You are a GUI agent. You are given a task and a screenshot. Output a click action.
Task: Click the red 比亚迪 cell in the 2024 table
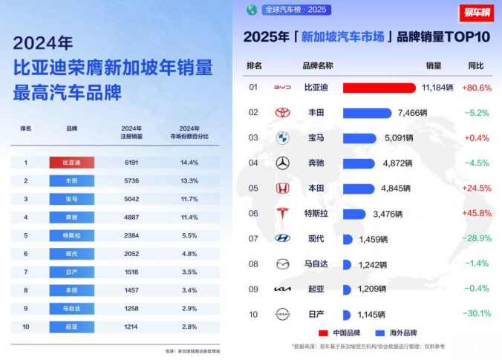pyautogui.click(x=71, y=162)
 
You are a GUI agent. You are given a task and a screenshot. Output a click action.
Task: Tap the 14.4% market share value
pyautogui.click(x=189, y=162)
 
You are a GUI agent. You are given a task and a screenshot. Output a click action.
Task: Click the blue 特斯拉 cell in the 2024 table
pyautogui.click(x=71, y=235)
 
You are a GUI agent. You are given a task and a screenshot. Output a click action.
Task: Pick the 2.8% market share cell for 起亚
pyautogui.click(x=189, y=327)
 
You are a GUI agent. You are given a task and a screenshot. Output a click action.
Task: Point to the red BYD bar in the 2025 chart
pyautogui.click(x=379, y=88)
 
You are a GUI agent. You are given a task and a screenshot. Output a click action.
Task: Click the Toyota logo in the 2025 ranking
pyautogui.click(x=282, y=113)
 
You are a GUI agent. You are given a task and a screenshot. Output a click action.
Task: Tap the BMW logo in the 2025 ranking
pyautogui.click(x=282, y=138)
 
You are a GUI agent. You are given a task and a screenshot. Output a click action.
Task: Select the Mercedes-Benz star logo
pyautogui.click(x=282, y=163)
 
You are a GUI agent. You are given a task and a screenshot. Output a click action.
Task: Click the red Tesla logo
pyautogui.click(x=282, y=214)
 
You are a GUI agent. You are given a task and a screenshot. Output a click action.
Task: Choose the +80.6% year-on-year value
pyautogui.click(x=476, y=88)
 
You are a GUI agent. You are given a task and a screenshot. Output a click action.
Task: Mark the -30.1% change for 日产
pyautogui.click(x=476, y=314)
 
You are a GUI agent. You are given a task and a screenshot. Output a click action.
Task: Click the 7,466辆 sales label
pyautogui.click(x=414, y=113)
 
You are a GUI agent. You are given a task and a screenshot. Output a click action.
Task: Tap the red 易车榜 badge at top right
pyautogui.click(x=476, y=13)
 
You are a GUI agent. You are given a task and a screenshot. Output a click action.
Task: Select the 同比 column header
pyautogui.click(x=476, y=65)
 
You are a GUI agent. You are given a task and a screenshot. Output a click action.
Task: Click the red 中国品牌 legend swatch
pyautogui.click(x=323, y=333)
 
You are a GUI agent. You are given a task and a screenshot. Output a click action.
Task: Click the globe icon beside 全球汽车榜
pyautogui.click(x=252, y=10)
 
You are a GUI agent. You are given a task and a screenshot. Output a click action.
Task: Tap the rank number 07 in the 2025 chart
pyautogui.click(x=253, y=239)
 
